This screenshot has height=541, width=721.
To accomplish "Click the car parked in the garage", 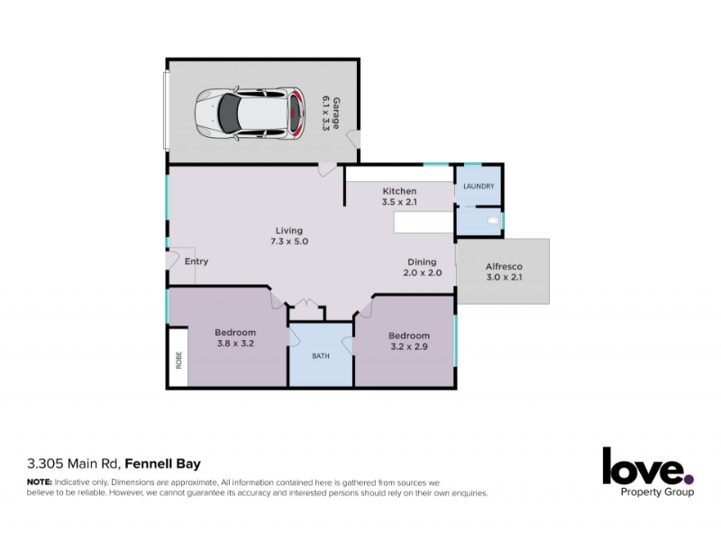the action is point(251,113).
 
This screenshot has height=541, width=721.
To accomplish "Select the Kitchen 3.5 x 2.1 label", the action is point(399,197).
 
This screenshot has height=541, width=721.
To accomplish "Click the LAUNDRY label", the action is point(479,187).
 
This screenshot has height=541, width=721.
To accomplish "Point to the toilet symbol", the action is point(493,221).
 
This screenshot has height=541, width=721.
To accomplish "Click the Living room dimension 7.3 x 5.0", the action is point(289,242).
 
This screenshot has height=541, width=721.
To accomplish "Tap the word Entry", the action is point(196,261).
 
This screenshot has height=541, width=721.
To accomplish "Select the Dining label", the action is point(422,261).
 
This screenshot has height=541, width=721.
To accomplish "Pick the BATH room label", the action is point(321,356).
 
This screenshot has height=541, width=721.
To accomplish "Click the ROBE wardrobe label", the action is point(178,360).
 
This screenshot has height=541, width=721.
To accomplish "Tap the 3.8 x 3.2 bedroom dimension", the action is point(235,344).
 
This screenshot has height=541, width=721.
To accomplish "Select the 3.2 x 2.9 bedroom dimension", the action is point(409,346).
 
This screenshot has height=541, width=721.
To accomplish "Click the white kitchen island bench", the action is point(424,222).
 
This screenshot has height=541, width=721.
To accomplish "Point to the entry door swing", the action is point(173,261).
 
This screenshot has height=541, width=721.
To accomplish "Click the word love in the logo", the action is point(643,466).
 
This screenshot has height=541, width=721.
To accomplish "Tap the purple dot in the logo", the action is point(689,480).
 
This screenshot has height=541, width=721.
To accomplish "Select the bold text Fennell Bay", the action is point(163,463).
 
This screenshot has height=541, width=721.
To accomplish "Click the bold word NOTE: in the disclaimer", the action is point(40,482).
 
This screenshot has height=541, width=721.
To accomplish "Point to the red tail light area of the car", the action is point(297,113).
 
